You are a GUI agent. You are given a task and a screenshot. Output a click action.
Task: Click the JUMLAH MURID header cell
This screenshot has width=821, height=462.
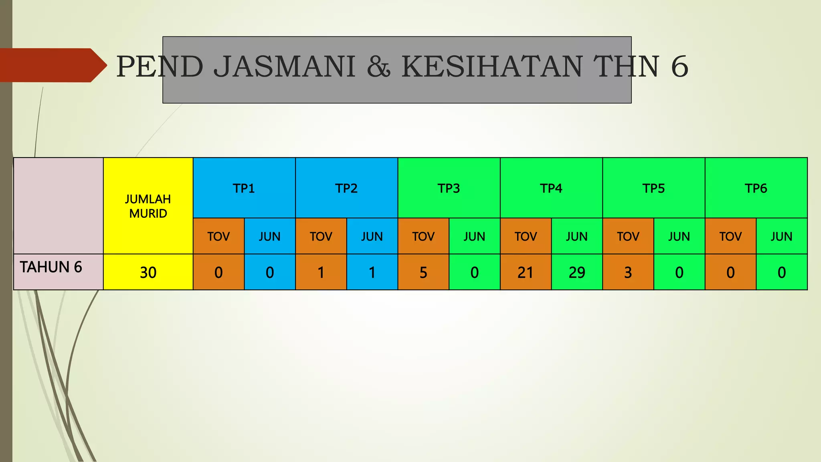tap(148, 206)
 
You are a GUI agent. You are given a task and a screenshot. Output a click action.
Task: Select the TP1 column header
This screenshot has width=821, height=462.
tap(244, 188)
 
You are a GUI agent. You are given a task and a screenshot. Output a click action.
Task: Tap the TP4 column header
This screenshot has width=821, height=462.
tap(551, 188)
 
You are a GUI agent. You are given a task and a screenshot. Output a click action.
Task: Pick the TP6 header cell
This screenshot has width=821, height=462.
tap(756, 188)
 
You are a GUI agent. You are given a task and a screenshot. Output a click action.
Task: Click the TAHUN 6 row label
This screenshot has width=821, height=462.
tap(51, 267)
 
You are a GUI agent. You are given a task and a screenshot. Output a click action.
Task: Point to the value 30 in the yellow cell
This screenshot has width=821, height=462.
tap(148, 273)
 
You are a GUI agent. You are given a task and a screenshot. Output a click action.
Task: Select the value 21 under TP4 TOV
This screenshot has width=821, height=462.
tap(526, 273)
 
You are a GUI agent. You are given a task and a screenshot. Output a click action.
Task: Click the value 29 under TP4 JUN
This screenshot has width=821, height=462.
tap(577, 273)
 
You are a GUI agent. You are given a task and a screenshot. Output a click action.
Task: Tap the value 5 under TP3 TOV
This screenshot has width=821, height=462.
tap(423, 273)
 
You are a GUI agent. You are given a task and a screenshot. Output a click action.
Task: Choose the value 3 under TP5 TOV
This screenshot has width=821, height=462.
tap(628, 273)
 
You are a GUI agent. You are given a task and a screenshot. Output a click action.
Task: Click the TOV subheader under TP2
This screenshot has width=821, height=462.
tap(321, 236)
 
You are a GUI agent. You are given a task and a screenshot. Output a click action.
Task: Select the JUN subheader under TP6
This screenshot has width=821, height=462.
tap(782, 236)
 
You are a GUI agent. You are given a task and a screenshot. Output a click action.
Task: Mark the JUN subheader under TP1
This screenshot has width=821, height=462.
tap(269, 236)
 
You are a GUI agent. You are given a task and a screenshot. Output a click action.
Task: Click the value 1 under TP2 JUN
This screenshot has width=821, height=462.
tap(372, 273)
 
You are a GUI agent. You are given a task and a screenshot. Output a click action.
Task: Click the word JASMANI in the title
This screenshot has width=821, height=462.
tap(284, 67)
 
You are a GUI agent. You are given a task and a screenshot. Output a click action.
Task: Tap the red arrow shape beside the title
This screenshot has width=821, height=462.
tap(52, 65)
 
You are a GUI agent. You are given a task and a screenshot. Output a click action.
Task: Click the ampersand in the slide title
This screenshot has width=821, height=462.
tap(378, 67)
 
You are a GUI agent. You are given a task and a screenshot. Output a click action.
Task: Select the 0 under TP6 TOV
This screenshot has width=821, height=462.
tap(730, 273)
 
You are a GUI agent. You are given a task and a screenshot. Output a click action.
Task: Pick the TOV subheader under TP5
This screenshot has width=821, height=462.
tap(628, 236)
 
